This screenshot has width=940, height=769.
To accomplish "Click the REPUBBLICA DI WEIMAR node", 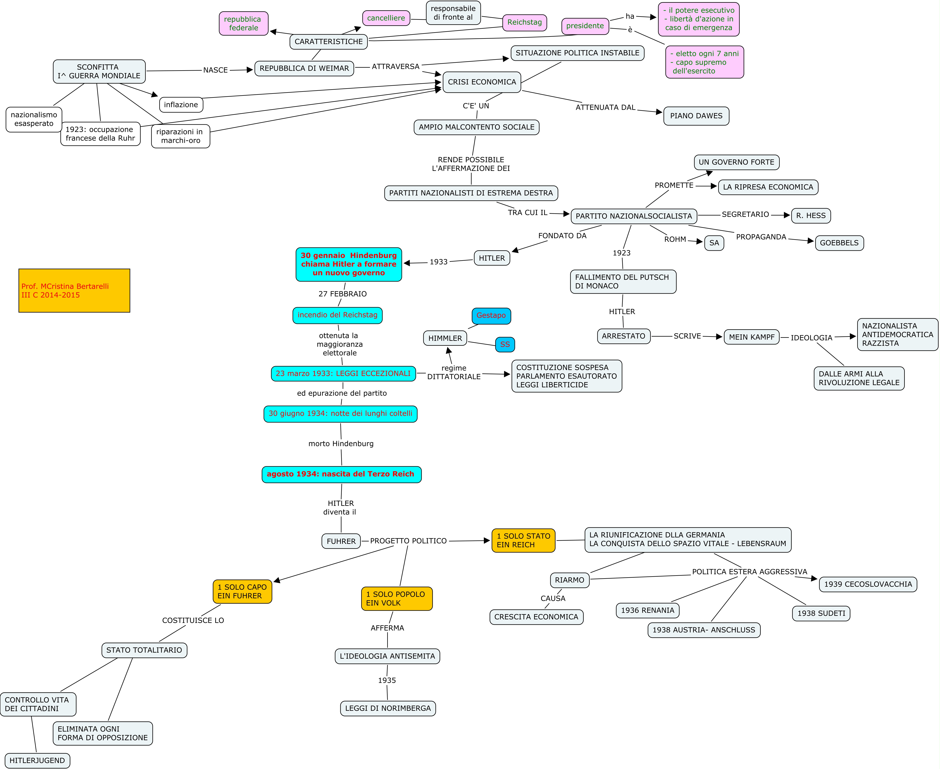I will tap(304, 68).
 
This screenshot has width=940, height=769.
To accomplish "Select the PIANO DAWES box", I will tap(696, 116).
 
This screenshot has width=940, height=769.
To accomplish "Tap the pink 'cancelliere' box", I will tap(386, 18).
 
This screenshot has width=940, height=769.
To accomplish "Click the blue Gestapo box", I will tap(491, 315).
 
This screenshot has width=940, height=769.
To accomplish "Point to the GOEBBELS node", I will tap(839, 243).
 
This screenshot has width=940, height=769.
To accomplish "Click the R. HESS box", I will tap(810, 216).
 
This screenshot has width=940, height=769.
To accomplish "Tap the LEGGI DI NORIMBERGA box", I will tap(388, 708).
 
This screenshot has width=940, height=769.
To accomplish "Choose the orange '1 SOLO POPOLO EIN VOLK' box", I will tap(396, 598).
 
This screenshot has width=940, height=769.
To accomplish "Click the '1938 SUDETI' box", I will tap(821, 613).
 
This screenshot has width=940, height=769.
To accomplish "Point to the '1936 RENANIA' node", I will tap(647, 610).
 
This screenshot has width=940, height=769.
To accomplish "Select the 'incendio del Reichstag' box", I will tap(337, 315).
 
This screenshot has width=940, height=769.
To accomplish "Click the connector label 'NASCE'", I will tap(215, 70).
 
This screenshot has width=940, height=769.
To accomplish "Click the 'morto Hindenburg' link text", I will tap(340, 443).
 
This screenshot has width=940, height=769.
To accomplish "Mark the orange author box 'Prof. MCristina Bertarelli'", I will tap(74, 291).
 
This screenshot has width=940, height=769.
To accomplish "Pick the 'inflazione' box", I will tap(181, 104).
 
